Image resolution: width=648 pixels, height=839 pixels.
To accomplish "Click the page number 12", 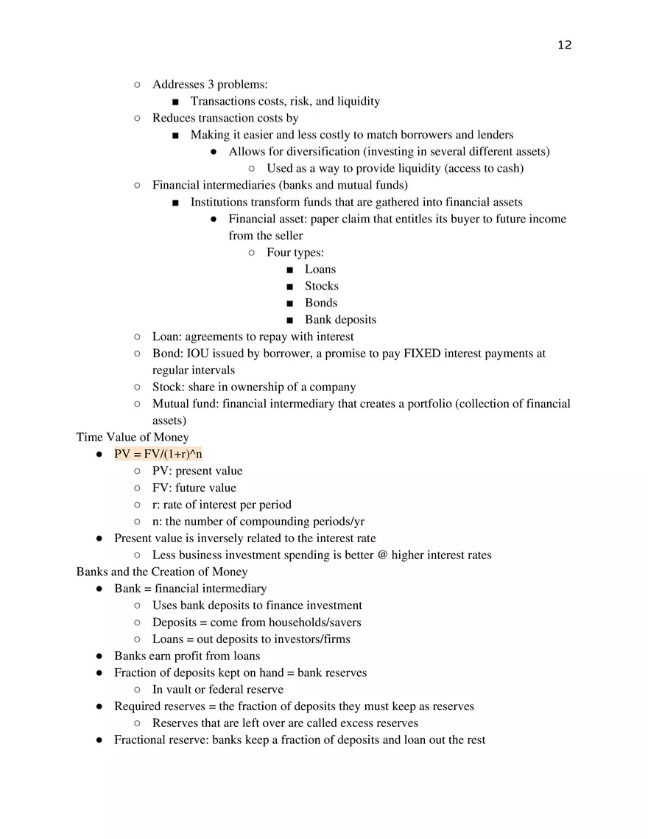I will [x=564, y=45].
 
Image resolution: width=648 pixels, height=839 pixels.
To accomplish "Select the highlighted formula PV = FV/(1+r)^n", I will [x=158, y=454].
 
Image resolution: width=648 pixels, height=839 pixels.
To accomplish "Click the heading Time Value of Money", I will [x=133, y=437].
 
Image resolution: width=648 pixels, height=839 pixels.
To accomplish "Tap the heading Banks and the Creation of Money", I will [x=162, y=572].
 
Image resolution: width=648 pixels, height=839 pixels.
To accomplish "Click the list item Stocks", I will [x=322, y=286].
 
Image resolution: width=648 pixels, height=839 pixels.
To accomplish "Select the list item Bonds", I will [x=321, y=303].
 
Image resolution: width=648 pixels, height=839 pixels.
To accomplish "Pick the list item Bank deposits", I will [x=340, y=320].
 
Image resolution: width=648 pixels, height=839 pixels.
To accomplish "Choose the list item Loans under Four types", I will [x=320, y=269].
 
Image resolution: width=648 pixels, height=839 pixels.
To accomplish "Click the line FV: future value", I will [x=194, y=488].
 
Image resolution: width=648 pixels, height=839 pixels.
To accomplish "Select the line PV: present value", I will [x=197, y=471].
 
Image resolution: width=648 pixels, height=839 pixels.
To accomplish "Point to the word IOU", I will [x=200, y=354].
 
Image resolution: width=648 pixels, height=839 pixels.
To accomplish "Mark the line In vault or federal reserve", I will [x=218, y=689].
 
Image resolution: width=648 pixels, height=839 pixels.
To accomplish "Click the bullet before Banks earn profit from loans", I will [x=99, y=656].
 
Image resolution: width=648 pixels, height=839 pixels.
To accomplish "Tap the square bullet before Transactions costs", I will [x=175, y=102].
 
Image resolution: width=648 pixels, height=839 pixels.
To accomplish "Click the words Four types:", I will [x=295, y=253].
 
